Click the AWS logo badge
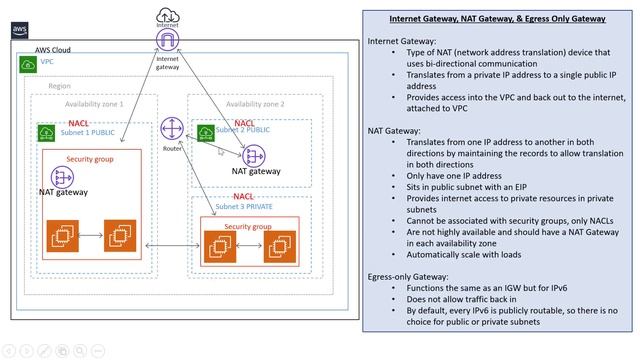pyautogui.click(x=20, y=30)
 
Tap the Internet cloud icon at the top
pyautogui.click(x=167, y=15)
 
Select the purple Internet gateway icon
pyautogui.click(x=167, y=41)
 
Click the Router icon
pyautogui.click(x=173, y=129)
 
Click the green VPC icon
pyautogui.click(x=27, y=64)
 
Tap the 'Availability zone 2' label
pyautogui.click(x=255, y=103)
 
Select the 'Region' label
pyautogui.click(x=59, y=87)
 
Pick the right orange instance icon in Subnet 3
pyautogui.click(x=278, y=247)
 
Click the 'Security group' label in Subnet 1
pyautogui.click(x=91, y=159)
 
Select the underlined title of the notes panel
pyautogui.click(x=497, y=19)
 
